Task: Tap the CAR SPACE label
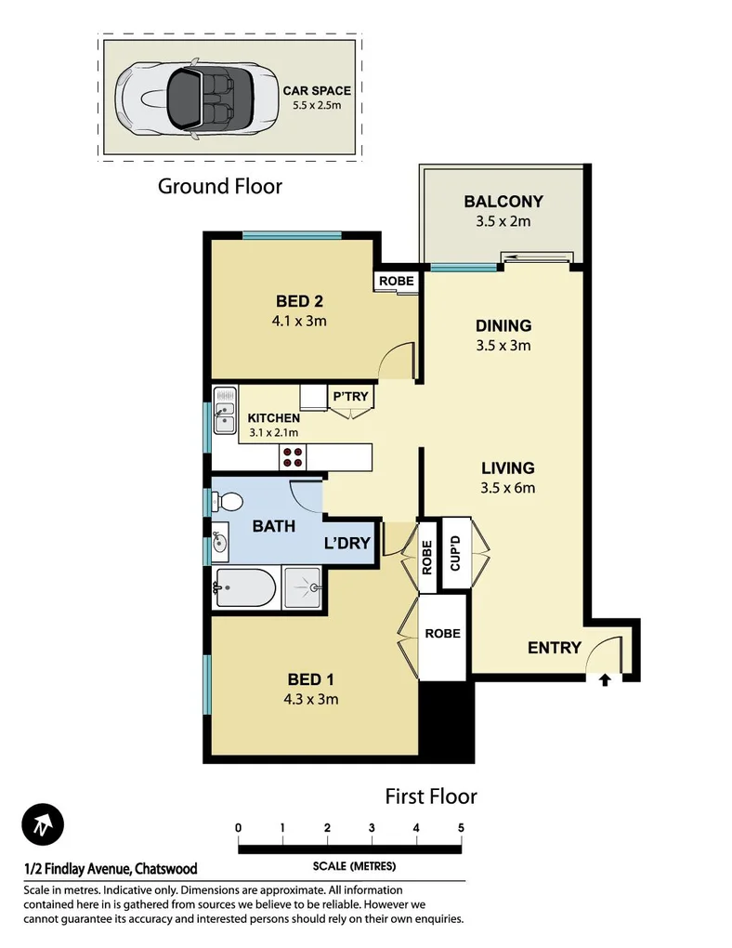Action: coord(317,91)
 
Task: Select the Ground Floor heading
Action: coord(219,186)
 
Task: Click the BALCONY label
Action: coord(503,202)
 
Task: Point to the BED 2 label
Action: coord(299,301)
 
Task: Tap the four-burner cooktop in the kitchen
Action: coord(294,455)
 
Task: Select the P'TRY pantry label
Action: coord(350,397)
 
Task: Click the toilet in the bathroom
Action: coord(226,502)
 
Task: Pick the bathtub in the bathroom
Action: coord(244,587)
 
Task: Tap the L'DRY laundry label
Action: coord(347,544)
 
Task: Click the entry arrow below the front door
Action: coord(605,681)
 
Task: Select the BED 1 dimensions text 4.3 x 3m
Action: coord(311,699)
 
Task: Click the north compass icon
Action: coord(43,824)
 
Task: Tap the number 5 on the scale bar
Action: coord(461,827)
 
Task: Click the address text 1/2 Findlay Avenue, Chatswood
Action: coord(111,869)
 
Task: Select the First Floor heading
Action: coord(431,797)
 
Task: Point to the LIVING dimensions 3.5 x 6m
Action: coord(507,487)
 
